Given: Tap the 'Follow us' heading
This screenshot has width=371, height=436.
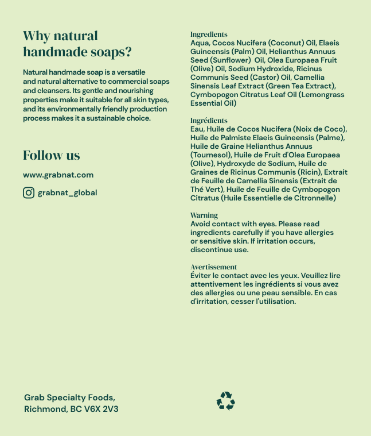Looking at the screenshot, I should click(52, 155).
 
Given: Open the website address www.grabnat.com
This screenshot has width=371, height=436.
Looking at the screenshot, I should click(58, 175).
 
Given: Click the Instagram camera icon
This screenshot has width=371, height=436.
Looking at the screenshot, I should click(29, 192).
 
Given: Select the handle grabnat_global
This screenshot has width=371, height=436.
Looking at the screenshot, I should click(67, 192).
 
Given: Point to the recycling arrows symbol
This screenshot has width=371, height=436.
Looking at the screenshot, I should click(226, 401).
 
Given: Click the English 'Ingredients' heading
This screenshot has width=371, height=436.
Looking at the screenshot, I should click(209, 34).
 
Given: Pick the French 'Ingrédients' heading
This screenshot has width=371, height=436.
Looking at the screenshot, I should click(209, 121).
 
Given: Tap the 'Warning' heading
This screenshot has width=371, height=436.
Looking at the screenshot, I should click(204, 215).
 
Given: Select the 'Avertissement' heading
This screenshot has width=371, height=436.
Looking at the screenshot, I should click(213, 267).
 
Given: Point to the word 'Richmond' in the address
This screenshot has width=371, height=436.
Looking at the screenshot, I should click(45, 409).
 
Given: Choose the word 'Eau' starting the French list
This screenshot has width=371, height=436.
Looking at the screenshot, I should click(197, 129).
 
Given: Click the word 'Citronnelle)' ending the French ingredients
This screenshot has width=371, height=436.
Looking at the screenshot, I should click(314, 198).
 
